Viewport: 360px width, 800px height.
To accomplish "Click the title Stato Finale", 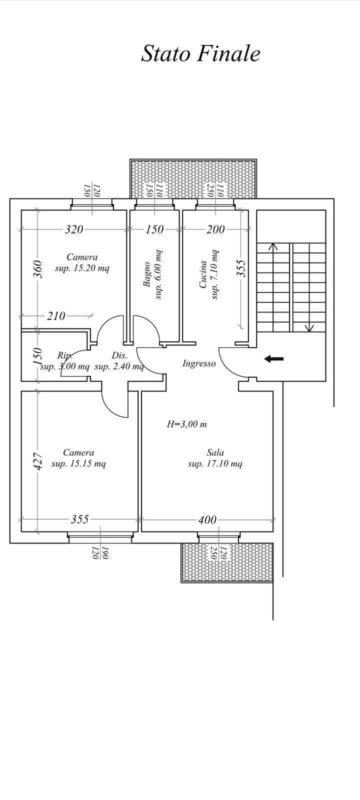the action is point(200,54).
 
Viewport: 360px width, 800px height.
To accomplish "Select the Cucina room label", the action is point(203,274).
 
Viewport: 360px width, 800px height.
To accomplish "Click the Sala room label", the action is point(215,452).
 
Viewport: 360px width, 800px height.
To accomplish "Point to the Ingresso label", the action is point(199,363).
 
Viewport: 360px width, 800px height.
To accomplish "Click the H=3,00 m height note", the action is point(187,424).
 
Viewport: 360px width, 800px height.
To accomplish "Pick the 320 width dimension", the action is point(74,229).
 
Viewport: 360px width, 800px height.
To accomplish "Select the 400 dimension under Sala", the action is point(207,519).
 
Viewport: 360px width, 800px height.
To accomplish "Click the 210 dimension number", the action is point(56,315).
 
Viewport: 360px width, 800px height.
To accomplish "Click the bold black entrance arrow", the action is point(274,358).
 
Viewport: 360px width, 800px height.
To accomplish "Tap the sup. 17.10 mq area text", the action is point(215,464).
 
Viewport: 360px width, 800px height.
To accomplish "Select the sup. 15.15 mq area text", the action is point(78,464).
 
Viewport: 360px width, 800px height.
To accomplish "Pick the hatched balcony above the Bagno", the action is point(193,178).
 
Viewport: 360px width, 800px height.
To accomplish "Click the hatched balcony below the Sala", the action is point(227,563).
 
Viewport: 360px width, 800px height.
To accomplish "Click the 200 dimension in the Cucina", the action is point(215,229).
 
